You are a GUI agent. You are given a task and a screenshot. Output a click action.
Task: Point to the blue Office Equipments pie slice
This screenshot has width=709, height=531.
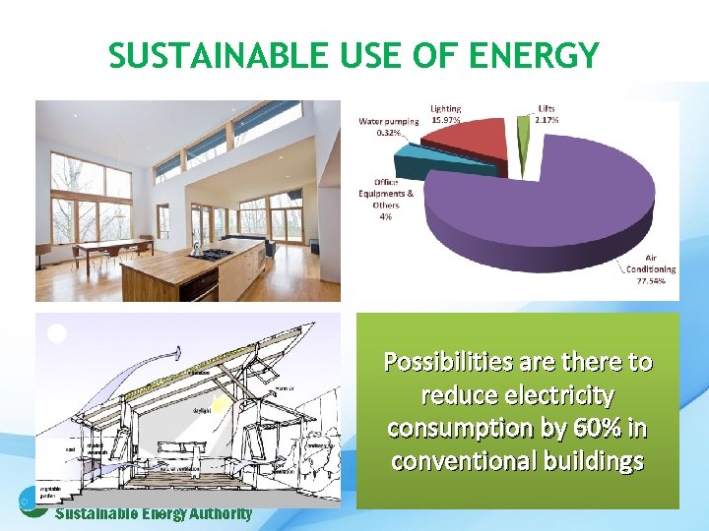463,165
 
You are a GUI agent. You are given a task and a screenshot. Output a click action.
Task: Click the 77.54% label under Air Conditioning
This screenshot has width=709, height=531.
651,280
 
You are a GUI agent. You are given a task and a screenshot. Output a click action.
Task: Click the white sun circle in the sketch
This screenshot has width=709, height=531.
57,333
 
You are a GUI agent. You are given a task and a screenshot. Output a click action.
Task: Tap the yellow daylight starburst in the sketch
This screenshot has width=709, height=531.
223,404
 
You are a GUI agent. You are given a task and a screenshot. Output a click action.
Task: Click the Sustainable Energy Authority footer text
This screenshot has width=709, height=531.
154,514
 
